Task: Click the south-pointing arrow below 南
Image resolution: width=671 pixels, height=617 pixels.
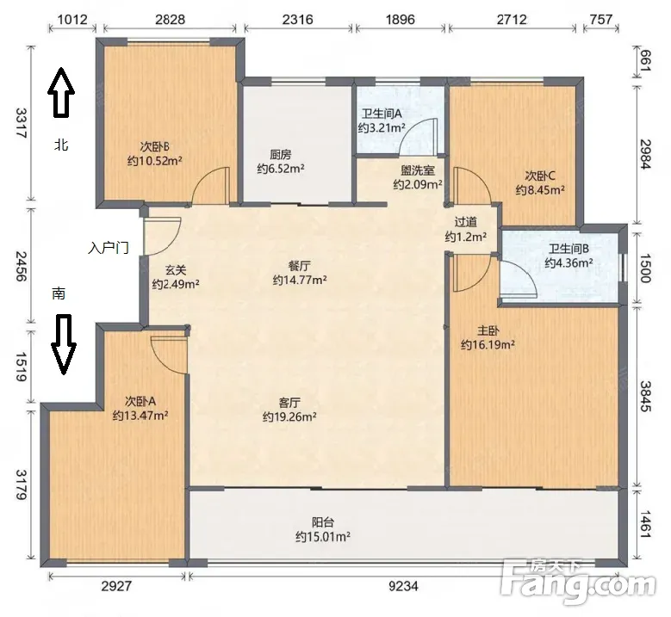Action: click(64, 344)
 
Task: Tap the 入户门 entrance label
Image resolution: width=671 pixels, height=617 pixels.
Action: click(109, 247)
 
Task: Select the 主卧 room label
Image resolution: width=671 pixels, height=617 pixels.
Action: click(488, 331)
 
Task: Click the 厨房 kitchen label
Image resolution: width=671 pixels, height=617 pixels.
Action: click(280, 154)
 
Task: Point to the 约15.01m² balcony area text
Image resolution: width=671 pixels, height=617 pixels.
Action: click(323, 536)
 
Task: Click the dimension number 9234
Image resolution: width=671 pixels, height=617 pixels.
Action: click(403, 585)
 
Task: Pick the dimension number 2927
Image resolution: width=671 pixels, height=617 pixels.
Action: click(116, 585)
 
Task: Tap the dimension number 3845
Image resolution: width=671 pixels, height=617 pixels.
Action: click(646, 396)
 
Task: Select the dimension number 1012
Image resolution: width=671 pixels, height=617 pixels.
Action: click(71, 19)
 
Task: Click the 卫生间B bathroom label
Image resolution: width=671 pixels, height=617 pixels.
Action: click(568, 249)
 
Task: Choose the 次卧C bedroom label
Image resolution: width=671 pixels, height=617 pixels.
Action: click(540, 176)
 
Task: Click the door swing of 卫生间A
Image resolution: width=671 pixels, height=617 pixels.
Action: click(417, 136)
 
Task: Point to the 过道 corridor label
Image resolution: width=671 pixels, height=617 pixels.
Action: click(466, 222)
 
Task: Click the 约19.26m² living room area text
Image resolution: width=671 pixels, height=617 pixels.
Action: click(289, 416)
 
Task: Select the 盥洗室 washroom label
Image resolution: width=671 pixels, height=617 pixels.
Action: click(418, 170)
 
